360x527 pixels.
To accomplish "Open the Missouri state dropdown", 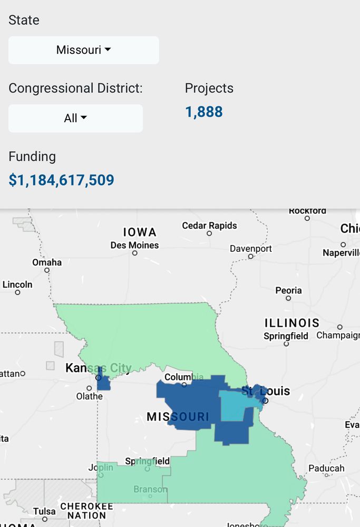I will [x=83, y=50].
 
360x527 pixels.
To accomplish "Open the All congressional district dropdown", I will [x=75, y=118].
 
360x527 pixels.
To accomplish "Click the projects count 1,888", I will [x=203, y=112].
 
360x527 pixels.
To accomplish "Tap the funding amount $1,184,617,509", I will [x=61, y=180].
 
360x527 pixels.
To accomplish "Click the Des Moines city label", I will [x=134, y=245].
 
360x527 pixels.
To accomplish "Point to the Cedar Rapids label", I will [x=209, y=226].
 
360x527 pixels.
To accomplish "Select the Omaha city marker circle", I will [x=47, y=270].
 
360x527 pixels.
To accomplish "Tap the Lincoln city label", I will [x=17, y=285].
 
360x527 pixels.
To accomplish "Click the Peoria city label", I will [x=288, y=290].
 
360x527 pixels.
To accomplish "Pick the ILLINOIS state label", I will [x=292, y=323].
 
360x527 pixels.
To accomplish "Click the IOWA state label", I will [x=140, y=232].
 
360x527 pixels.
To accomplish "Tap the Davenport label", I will [x=251, y=248].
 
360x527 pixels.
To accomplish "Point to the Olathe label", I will [x=89, y=396].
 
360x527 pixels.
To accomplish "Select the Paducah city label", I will [x=326, y=468].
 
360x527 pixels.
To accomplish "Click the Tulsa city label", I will [x=44, y=511].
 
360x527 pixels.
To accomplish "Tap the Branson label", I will [x=150, y=489].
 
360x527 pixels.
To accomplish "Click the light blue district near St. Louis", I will [x=235, y=406].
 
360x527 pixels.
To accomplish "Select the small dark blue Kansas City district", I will [x=104, y=383].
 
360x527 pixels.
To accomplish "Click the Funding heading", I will [x=32, y=157].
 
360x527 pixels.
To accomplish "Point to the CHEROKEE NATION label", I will [x=86, y=511].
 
